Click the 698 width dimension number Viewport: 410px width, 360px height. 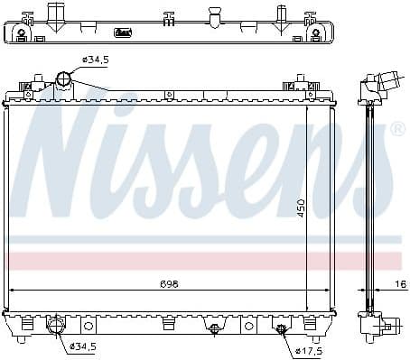[x=169, y=283]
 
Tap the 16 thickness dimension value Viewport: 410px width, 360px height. [x=398, y=283]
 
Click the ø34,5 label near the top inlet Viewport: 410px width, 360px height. [x=95, y=60]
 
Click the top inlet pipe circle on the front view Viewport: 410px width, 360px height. [x=63, y=78]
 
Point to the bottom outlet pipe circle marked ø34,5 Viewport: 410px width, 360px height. [x=55, y=326]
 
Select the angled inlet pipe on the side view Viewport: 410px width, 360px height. [x=391, y=81]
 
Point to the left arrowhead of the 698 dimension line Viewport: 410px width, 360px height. [x=11, y=290]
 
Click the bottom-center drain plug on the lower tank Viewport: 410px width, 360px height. [x=214, y=328]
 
